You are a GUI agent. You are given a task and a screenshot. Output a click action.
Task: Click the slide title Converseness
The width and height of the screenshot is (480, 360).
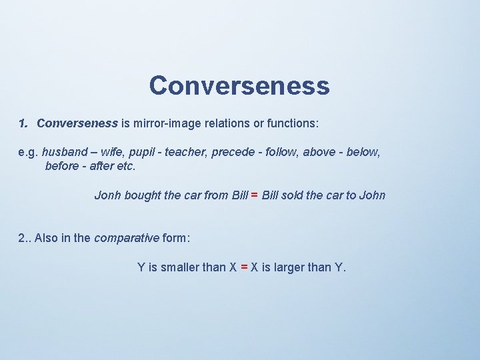click(239, 85)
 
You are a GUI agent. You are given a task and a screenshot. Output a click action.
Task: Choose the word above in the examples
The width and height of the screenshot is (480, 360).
click(319, 153)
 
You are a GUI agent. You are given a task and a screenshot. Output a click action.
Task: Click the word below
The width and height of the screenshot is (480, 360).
click(363, 153)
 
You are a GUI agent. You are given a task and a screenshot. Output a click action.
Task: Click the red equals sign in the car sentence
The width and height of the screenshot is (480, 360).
click(255, 195)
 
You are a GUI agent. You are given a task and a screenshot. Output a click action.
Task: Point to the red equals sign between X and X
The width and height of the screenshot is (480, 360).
click(244, 267)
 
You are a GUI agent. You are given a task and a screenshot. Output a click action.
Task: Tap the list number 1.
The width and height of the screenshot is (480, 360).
click(23, 123)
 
